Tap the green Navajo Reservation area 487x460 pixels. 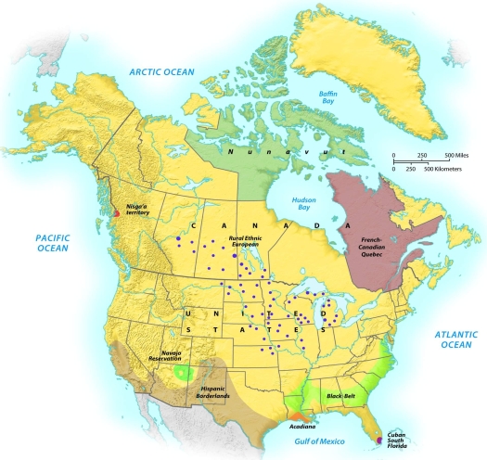coord(182,373)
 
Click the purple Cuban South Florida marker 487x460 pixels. coord(378,441)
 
